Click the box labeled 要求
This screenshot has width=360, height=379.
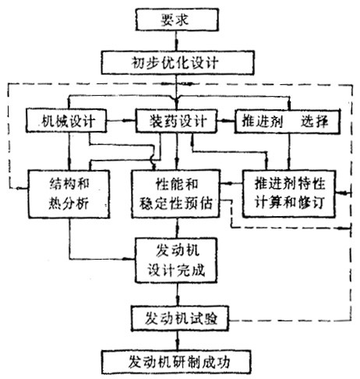pos(177,19)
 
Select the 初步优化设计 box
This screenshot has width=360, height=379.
pos(178,63)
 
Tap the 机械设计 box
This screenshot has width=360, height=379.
pos(66,121)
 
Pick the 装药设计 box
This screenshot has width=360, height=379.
pos(176,121)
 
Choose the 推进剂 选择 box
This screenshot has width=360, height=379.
pos(288,122)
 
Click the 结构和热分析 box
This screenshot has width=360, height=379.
pos(69,194)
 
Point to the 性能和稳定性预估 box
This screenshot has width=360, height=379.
pos(176,194)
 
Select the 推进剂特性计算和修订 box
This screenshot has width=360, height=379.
pos(288,193)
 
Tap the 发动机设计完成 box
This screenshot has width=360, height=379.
pos(176,260)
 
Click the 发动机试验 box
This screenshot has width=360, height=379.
pos(180,319)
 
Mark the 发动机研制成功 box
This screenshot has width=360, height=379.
pos(176,362)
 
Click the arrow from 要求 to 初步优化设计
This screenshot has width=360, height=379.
pos(177,41)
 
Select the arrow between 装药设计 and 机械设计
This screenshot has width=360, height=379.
pos(121,121)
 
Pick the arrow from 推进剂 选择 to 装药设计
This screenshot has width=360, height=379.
pos(226,121)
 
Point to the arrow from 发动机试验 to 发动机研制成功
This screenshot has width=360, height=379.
pos(178,341)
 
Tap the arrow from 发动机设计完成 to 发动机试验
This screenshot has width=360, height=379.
pos(178,295)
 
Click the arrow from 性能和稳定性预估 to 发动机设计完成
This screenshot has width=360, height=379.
pos(178,228)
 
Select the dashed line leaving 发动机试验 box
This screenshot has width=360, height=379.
pos(290,320)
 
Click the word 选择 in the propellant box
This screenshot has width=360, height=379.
pos(314,121)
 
